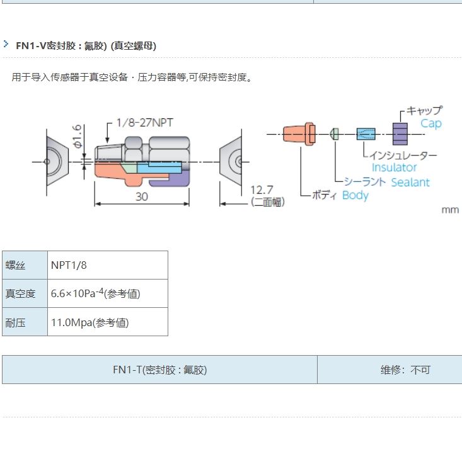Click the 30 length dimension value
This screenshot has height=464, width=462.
[x=142, y=196]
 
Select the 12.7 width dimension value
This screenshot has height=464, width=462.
[x=263, y=190]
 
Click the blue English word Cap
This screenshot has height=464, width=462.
[x=431, y=123]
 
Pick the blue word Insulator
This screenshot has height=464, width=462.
[x=394, y=167]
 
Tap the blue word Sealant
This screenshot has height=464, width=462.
[x=410, y=183]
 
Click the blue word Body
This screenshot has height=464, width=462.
[x=355, y=195]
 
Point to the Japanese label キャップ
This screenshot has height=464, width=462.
[x=424, y=110]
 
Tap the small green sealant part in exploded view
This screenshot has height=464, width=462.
[x=335, y=133]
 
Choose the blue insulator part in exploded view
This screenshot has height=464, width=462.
[x=366, y=133]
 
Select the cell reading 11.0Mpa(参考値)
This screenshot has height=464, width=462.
[x=90, y=322]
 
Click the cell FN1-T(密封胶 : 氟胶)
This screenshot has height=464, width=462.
[x=159, y=370]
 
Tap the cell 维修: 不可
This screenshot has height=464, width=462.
[x=405, y=370]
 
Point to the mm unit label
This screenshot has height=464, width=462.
[x=450, y=210]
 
